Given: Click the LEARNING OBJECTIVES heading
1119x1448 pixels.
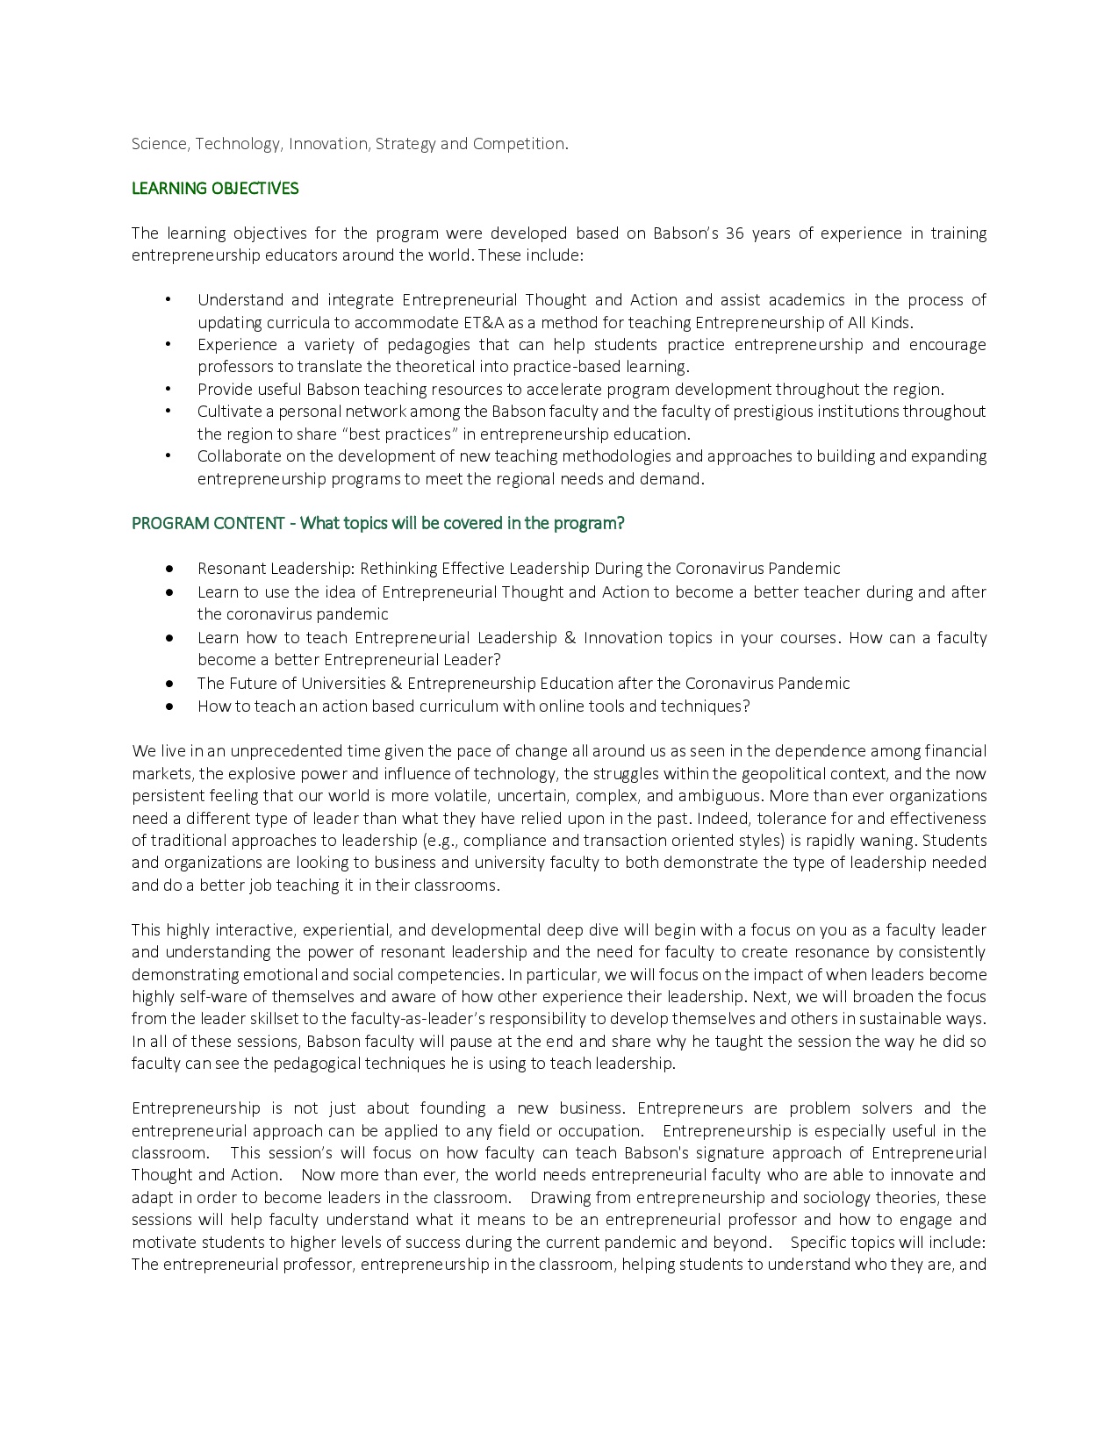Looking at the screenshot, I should pos(215,189).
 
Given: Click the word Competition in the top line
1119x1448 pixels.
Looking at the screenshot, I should pos(518,144).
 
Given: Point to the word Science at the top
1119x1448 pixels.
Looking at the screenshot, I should pos(159,144).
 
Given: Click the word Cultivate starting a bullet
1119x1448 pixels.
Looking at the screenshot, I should pos(226,412).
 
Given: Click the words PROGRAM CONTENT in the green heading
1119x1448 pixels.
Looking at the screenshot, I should pos(208,524).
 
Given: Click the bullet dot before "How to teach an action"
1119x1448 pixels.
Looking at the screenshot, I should pos(169,706).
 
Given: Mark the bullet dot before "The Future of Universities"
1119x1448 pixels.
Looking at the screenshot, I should pos(169,684).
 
